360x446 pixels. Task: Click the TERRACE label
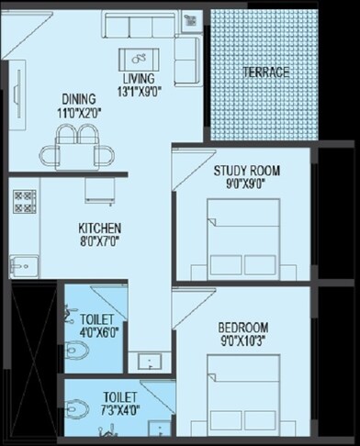click(x=265, y=72)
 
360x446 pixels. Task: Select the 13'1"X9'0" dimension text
click(x=140, y=91)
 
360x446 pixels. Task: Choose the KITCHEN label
click(x=98, y=228)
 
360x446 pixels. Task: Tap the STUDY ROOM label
click(x=247, y=171)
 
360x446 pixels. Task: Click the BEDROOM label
click(x=243, y=328)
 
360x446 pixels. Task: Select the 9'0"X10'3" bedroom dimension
click(x=243, y=340)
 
